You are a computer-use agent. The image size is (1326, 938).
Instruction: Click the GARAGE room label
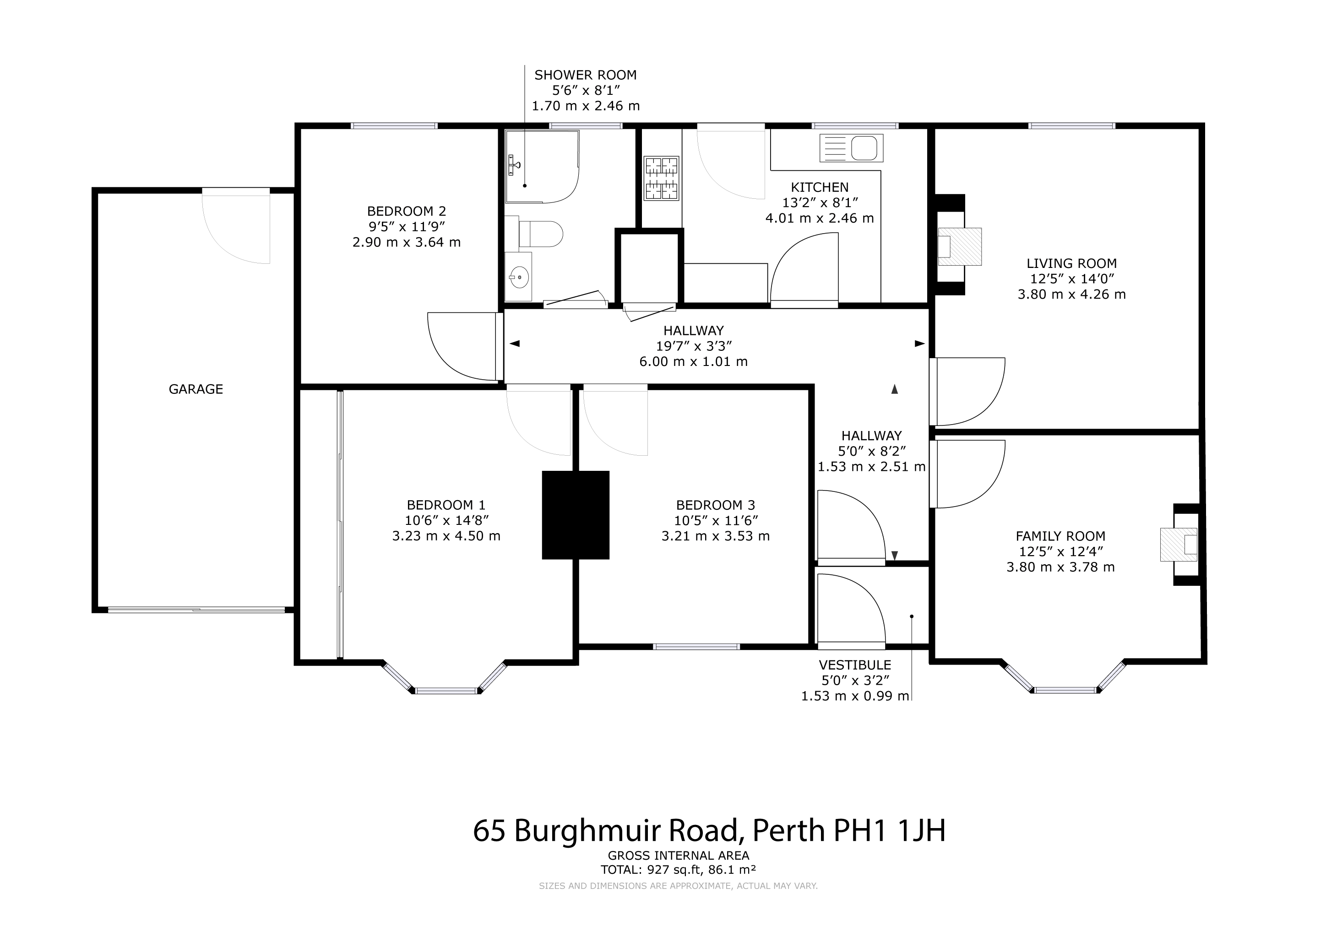pyautogui.click(x=196, y=389)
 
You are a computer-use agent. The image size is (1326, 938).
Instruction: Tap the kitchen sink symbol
pyautogui.click(x=851, y=148)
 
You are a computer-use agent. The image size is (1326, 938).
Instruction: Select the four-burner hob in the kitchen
pyautogui.click(x=661, y=179)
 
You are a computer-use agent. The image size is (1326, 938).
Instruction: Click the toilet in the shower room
pyautogui.click(x=541, y=233)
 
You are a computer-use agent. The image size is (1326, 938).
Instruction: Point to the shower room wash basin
pyautogui.click(x=519, y=277)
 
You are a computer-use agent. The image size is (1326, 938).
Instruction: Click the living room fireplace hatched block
pyautogui.click(x=959, y=246)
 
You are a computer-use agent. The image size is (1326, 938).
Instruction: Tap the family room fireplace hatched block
pyautogui.click(x=1179, y=544)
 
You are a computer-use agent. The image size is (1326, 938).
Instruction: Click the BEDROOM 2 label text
pyautogui.click(x=407, y=212)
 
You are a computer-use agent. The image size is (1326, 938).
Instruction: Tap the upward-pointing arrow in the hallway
pyautogui.click(x=895, y=389)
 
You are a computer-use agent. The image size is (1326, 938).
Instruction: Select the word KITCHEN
pyautogui.click(x=820, y=187)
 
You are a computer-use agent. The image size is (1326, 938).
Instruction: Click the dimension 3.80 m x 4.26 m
pyautogui.click(x=1071, y=294)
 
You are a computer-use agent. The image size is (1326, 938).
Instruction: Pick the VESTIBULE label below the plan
pyautogui.click(x=855, y=665)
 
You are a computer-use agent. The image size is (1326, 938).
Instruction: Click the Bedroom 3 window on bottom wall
pyautogui.click(x=696, y=647)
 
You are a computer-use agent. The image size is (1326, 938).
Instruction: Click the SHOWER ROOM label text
pyautogui.click(x=586, y=75)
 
